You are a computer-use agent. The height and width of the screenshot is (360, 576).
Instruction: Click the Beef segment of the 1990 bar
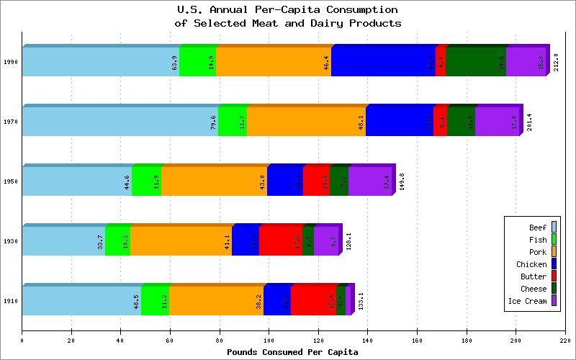pos(100,62)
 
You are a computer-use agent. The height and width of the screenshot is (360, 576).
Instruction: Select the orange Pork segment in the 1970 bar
pos(306,122)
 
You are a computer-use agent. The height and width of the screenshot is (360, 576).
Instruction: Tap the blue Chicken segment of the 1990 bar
pos(383,62)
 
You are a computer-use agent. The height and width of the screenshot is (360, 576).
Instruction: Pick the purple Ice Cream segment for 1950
pos(370,181)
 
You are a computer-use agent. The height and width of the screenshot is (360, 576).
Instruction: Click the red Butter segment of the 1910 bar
pos(313,301)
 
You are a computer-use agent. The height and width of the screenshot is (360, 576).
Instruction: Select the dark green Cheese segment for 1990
pos(476,62)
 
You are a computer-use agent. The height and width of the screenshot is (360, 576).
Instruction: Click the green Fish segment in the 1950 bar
pos(146,181)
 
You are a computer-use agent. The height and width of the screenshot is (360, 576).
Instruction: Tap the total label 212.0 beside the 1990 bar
pos(556,62)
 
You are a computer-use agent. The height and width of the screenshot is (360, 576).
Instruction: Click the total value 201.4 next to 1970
pos(530,122)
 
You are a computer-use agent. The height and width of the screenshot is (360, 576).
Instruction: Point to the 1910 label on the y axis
pos(12,301)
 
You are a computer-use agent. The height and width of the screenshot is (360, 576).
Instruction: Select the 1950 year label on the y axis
pos(12,181)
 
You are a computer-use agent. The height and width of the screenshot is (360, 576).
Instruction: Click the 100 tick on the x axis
pos(269,341)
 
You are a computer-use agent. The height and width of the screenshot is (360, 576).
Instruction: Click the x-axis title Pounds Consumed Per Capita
pos(292,352)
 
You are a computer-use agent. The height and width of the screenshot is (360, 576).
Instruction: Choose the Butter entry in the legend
pos(534,276)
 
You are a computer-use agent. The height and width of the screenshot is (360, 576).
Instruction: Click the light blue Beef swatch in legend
pos(554,228)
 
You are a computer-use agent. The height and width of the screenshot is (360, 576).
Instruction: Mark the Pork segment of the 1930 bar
pos(181,241)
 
